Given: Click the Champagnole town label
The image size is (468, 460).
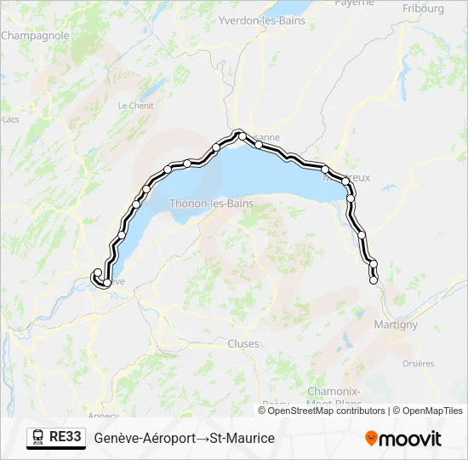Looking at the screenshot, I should (35, 36).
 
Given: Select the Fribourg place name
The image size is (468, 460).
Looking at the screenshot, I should (423, 9).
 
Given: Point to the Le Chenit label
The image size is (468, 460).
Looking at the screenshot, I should (135, 106).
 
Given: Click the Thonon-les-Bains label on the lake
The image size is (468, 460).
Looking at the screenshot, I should (212, 204).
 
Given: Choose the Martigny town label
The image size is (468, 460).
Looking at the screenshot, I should (396, 325).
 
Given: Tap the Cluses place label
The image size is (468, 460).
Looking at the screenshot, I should (243, 343).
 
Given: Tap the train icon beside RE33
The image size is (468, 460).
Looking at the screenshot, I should (39, 437).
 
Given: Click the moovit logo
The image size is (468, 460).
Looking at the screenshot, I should (403, 438).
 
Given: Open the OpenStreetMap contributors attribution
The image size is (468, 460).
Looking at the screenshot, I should (326, 411).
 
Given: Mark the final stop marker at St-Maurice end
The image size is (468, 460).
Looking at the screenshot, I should (373, 280).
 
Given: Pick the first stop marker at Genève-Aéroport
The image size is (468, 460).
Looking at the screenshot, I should (97, 273).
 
